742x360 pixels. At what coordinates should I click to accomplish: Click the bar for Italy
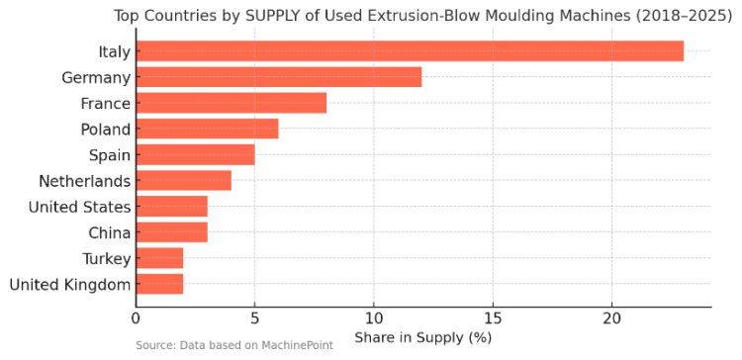click(x=410, y=50)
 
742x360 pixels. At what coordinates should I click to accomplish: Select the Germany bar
click(x=279, y=76)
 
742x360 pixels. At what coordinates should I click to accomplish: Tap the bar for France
click(x=232, y=103)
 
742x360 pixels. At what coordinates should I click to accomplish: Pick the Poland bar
click(x=208, y=129)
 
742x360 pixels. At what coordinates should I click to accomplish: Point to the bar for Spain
click(x=196, y=154)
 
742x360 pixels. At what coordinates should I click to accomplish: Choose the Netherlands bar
click(x=184, y=180)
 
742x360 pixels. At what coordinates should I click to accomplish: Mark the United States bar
click(x=172, y=207)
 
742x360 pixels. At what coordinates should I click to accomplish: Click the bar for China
click(x=172, y=232)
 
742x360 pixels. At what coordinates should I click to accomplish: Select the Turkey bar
click(x=160, y=258)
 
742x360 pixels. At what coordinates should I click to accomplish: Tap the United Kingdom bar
click(x=160, y=284)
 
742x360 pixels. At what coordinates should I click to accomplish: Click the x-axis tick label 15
click(x=493, y=317)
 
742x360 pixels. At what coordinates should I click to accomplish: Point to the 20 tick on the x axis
click(x=611, y=317)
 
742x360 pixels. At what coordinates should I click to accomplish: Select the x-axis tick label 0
click(x=137, y=317)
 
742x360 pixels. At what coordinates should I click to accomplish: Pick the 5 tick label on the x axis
click(x=255, y=317)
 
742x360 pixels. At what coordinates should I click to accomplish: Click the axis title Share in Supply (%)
click(x=423, y=338)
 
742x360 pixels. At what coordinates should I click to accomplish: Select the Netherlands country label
click(x=84, y=181)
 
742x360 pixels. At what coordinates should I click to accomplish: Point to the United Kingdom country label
click(x=69, y=285)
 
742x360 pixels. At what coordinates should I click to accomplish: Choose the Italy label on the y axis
click(x=114, y=51)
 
